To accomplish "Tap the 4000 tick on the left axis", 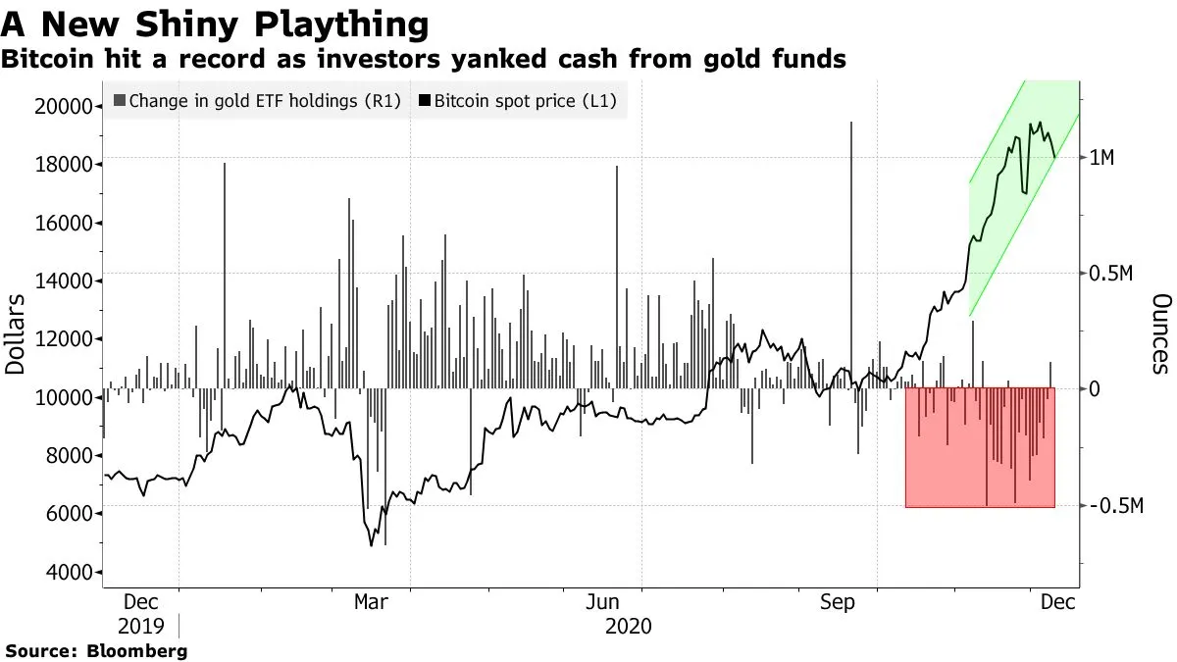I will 71,572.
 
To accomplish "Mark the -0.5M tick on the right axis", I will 1117,506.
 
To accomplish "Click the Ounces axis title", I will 1161,333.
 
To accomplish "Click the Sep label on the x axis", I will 837,601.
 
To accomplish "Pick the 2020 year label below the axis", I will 629,625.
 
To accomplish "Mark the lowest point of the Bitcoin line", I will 371,545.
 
